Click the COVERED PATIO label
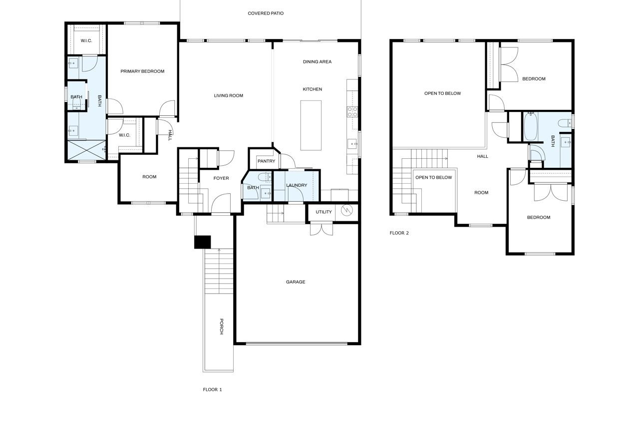(x=266, y=13)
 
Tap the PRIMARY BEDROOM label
(x=142, y=71)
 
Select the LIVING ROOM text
(x=229, y=95)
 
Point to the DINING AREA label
(x=317, y=61)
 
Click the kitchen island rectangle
(x=311, y=125)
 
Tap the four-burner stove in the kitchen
(x=352, y=111)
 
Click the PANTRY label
(x=267, y=161)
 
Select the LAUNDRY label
(x=297, y=185)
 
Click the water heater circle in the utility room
(x=347, y=210)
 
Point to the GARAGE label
(x=296, y=282)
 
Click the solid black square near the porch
(x=203, y=242)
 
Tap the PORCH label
(x=221, y=327)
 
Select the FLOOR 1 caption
(x=212, y=390)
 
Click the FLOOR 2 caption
(x=399, y=233)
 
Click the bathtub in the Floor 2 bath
(x=531, y=127)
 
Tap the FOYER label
(x=221, y=178)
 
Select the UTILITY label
(x=323, y=212)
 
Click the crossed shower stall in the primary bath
(x=86, y=150)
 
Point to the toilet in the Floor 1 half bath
(x=265, y=177)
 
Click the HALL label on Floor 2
(x=482, y=156)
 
